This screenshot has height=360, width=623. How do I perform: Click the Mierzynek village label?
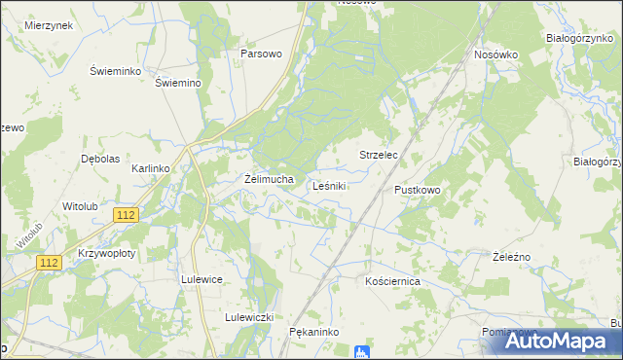50,26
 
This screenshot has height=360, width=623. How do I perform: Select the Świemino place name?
177,83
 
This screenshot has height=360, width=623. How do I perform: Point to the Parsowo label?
261,54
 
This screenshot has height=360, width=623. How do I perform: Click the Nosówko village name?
495,54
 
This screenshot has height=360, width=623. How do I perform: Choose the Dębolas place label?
100,159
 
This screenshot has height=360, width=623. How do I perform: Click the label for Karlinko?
151,168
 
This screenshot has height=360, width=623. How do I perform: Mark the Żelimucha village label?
268,179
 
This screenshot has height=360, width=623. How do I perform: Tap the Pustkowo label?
418,189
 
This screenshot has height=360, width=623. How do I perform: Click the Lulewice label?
202,278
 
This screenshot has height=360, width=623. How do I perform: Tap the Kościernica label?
391,280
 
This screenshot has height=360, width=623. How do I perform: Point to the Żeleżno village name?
511,256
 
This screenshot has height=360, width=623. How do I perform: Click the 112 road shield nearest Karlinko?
125,214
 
